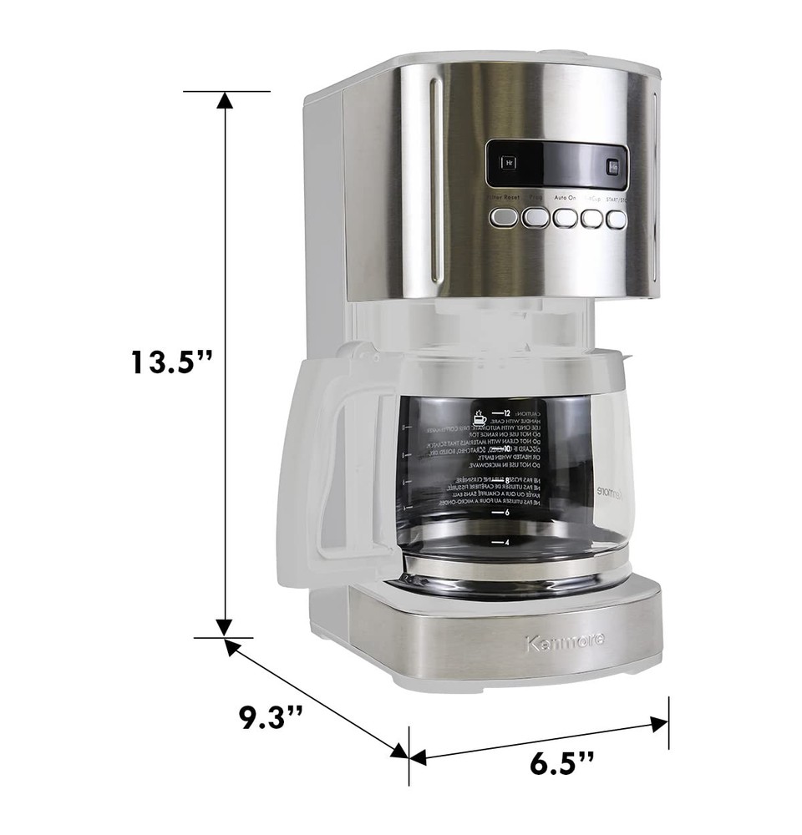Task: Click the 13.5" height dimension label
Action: tap(171, 362)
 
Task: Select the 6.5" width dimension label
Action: tap(561, 762)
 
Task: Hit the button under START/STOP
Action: tap(616, 219)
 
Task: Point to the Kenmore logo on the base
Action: tap(565, 642)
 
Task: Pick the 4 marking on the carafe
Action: tap(506, 542)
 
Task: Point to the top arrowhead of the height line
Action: tap(224, 101)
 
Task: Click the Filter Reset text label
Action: tap(504, 198)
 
